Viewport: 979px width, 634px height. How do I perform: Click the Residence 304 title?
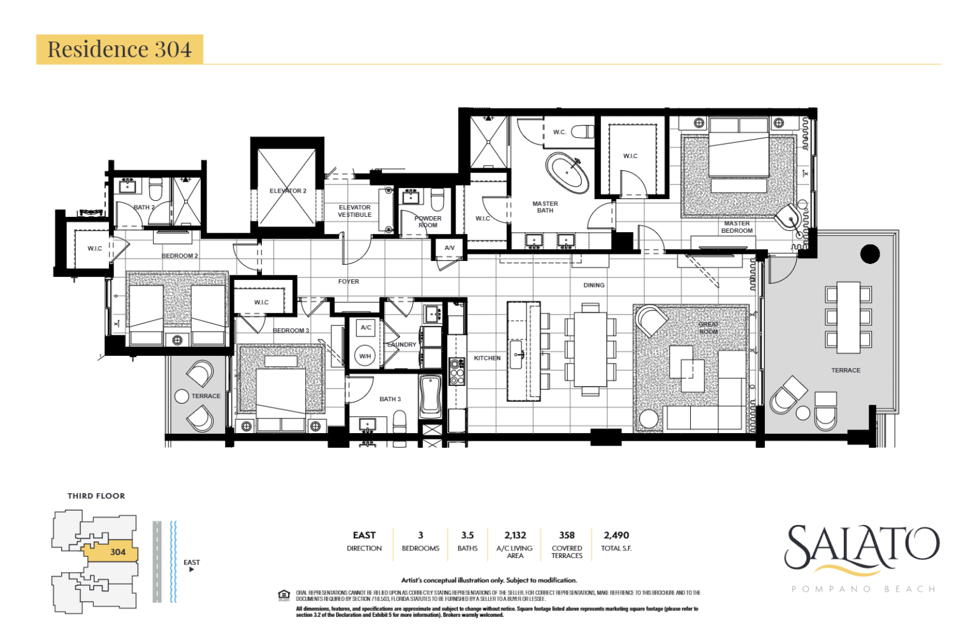[x=119, y=49]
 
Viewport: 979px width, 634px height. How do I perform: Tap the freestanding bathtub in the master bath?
[x=567, y=172]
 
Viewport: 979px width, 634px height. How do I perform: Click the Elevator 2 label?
[x=287, y=191]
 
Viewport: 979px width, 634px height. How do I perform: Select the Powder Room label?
[x=428, y=221]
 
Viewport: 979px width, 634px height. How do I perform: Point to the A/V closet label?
[x=449, y=247]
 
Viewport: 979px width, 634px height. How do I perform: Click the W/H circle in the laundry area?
[x=365, y=356]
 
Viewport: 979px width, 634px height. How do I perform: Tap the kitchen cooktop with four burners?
[x=457, y=372]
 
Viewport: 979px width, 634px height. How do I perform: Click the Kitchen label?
[x=487, y=358]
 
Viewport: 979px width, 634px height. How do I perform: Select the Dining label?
[x=593, y=285]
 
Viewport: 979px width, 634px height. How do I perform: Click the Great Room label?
[x=708, y=328]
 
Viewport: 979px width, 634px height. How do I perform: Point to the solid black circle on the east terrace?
[x=869, y=254]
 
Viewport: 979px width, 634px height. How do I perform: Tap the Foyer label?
[x=349, y=281]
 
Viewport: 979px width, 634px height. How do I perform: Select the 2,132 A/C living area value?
[x=515, y=535]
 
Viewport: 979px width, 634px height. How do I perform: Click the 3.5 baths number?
[x=467, y=535]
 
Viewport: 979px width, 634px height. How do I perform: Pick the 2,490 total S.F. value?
[x=616, y=535]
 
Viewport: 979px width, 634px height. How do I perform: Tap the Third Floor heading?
[x=96, y=496]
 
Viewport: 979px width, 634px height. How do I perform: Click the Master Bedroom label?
[x=736, y=227]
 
